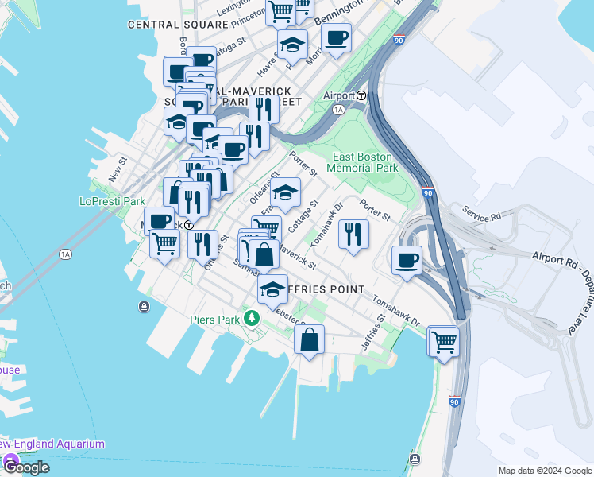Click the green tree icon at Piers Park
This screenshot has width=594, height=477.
click(x=253, y=319)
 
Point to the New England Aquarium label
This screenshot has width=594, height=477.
click(x=52, y=444)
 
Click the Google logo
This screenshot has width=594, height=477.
click(x=25, y=467)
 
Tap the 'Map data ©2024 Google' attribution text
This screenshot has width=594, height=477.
click(x=544, y=471)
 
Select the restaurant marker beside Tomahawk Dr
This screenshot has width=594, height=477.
click(x=353, y=235)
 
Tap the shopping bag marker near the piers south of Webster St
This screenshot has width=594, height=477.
click(x=310, y=339)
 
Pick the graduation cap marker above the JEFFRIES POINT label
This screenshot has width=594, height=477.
click(x=272, y=290)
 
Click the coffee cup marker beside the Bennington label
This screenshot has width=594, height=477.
click(x=336, y=37)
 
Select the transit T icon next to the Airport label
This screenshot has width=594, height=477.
click(x=361, y=95)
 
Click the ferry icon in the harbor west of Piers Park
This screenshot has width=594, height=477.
click(x=143, y=307)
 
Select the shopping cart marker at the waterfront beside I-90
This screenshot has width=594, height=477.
click(x=444, y=342)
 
